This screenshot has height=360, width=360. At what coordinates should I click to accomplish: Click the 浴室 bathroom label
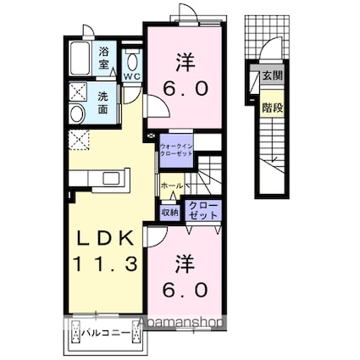(102, 57)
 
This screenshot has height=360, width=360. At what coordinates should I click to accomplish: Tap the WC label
(133, 74)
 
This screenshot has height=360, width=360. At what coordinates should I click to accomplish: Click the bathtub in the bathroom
(80, 58)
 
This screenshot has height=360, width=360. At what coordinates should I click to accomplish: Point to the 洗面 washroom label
(102, 102)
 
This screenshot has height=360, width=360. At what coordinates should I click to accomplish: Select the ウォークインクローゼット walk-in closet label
(176, 151)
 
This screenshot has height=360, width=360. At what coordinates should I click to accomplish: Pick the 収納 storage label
(169, 213)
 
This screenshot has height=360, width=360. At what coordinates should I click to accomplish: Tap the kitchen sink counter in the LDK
(102, 177)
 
